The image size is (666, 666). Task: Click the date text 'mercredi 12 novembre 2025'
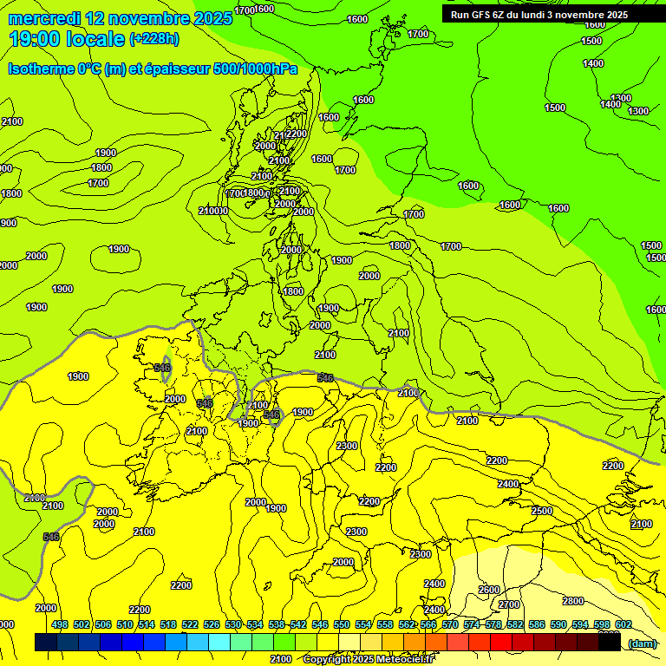coord(120,18)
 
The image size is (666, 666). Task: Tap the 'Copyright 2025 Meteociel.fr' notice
coord(367,659)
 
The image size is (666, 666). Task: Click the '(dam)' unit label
coord(642,643)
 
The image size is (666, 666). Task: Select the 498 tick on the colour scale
coord(60,625)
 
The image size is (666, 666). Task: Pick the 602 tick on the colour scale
coord(624,625)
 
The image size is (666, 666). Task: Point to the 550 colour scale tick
coord(342,625)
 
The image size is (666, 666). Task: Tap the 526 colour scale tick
coord(212,625)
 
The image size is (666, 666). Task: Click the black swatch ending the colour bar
coord(610,643)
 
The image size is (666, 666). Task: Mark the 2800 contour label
coord(572,601)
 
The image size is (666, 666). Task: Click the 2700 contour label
coord(510,604)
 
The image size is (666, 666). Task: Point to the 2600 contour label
coord(489,590)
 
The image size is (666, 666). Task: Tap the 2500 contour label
coord(542,511)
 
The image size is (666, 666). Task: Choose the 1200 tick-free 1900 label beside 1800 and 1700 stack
coord(106,153)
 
